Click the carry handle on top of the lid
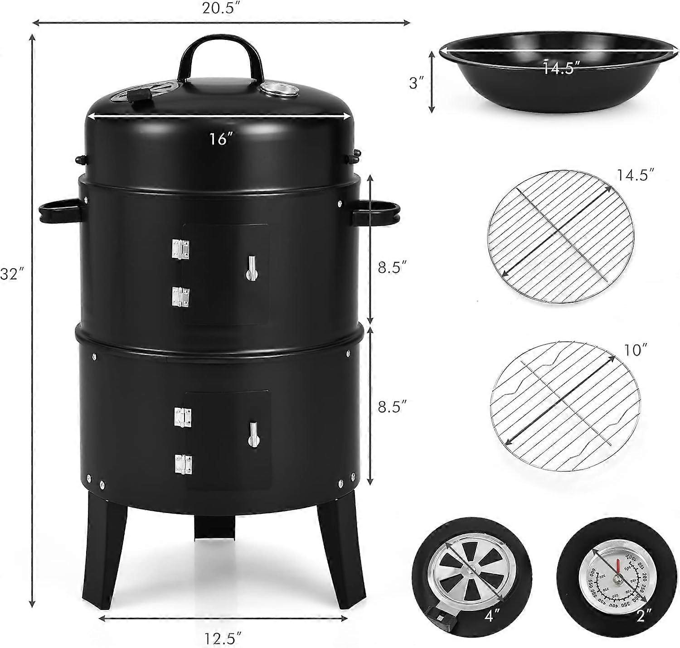pyautogui.click(x=221, y=54)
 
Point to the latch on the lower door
pyautogui.click(x=254, y=434)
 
